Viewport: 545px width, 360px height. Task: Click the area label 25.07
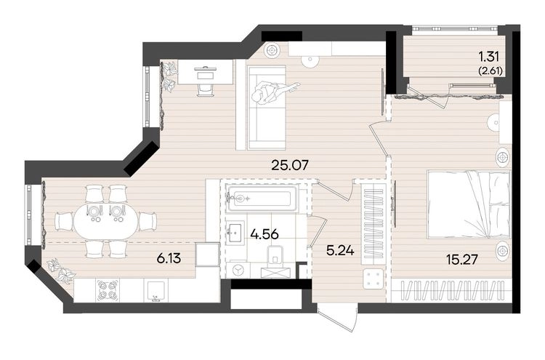[x=289, y=164]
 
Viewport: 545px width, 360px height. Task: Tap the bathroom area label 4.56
[x=265, y=234]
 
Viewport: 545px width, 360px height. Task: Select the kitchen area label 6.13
[x=169, y=258]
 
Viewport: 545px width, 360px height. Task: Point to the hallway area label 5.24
[x=340, y=249]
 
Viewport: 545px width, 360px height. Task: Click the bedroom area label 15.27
[x=463, y=259]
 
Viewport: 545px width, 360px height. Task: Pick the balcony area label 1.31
[x=489, y=56]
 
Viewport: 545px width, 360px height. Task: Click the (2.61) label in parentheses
[x=490, y=71]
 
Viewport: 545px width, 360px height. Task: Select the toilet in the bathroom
[x=275, y=257]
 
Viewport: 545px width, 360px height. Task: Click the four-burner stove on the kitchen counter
[x=107, y=290]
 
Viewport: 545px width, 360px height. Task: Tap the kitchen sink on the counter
[x=158, y=291]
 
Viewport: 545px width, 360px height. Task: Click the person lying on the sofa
[x=272, y=92]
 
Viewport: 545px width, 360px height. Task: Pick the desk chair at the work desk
[x=206, y=88]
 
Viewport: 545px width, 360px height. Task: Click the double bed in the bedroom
[x=468, y=204]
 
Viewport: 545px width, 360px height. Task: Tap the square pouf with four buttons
[x=374, y=279]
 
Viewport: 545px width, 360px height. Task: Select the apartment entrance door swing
[x=339, y=317]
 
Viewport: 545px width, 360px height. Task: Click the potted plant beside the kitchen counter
[x=62, y=270]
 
